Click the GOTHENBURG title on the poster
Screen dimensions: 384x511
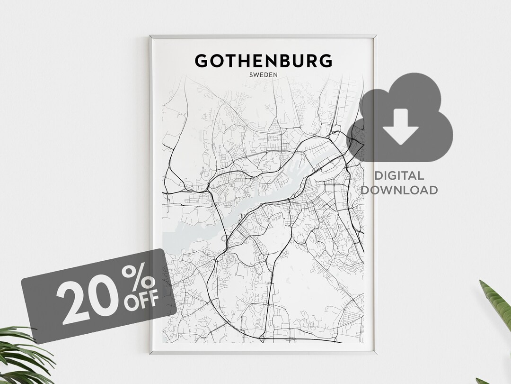263,61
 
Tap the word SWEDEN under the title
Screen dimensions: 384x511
263,74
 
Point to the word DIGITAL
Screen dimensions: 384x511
399,176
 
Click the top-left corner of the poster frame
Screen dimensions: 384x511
150,36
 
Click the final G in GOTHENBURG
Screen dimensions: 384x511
325,61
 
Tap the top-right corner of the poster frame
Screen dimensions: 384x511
376,36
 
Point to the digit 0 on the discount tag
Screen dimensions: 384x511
107,297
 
